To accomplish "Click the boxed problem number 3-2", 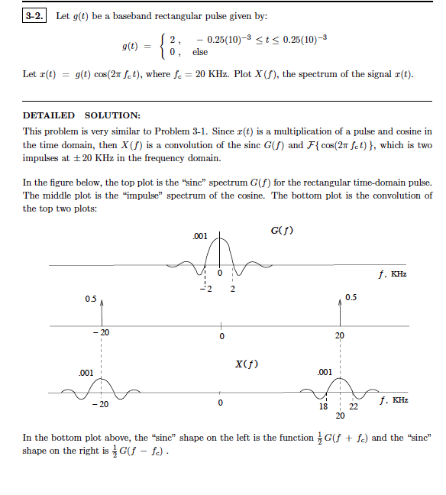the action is point(34,16).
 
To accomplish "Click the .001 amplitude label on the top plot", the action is point(201,237).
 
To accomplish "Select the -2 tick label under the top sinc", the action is point(204,289).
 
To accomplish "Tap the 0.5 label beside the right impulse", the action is point(351,296).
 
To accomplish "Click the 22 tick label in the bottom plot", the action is point(353,406).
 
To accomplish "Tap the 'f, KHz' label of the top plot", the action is point(393,274).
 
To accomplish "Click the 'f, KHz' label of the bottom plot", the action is point(393,400).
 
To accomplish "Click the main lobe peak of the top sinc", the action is point(221,239).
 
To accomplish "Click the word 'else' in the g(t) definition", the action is point(200,53).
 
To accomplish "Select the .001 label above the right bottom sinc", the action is point(325,372).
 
